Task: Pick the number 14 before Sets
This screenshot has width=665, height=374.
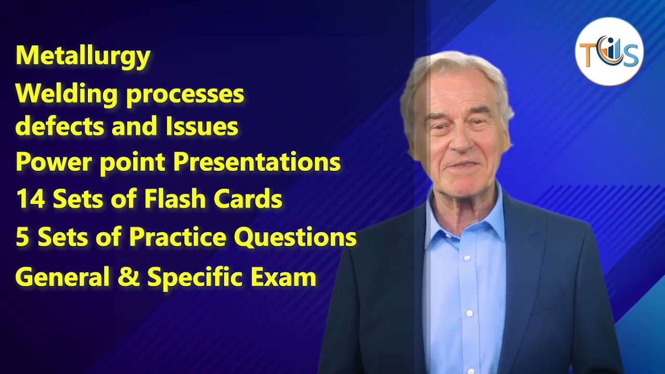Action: pos(31,199)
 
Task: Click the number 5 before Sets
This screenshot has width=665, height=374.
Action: pos(22,237)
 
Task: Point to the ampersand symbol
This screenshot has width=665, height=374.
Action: pos(129,277)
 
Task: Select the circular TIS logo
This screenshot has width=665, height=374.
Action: pos(609,52)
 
